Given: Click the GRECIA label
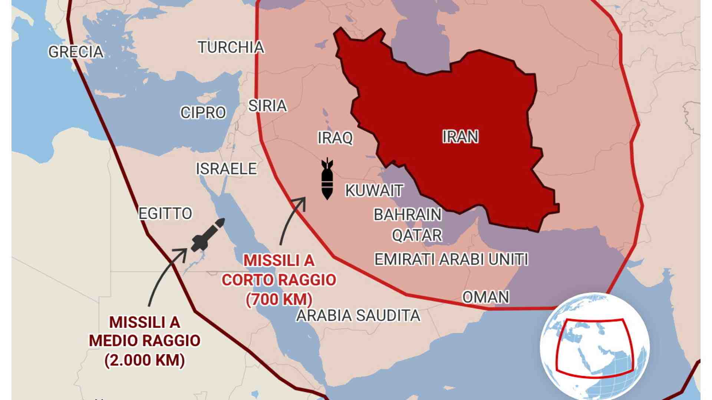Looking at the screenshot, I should click(x=76, y=52).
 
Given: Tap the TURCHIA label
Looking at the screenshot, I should click(x=231, y=47).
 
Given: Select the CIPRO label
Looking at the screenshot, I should click(x=203, y=113).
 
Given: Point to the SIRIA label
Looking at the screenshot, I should click(x=267, y=106).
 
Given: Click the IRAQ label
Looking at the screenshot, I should click(x=335, y=138).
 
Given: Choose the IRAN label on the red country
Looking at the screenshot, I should click(x=460, y=137).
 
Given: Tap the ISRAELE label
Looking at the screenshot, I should click(x=226, y=169).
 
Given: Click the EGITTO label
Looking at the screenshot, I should click(x=165, y=214).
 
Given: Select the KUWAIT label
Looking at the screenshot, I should click(x=374, y=191).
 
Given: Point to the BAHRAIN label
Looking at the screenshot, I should click(x=408, y=215).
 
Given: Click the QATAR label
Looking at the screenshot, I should click(x=417, y=235).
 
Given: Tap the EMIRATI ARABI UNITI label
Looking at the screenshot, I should click(x=451, y=259).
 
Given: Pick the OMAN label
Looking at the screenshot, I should click(x=485, y=297).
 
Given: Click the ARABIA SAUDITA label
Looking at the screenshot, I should click(x=358, y=316).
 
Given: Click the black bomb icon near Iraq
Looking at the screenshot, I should click(x=327, y=179).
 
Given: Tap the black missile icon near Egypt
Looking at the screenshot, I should click(x=208, y=235).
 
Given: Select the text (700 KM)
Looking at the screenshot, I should click(x=279, y=299).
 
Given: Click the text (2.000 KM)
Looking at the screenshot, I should click(x=145, y=360).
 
